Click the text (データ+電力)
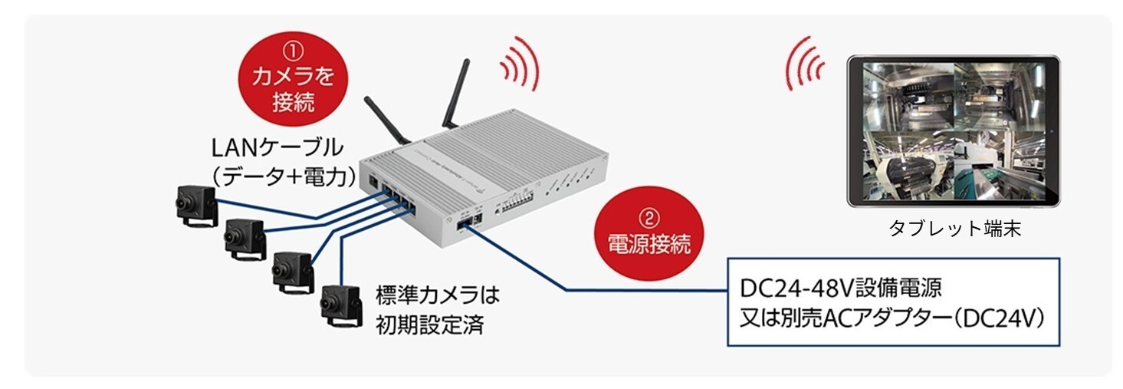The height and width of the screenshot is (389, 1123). [284, 177]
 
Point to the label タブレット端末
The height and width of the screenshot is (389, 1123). [954, 228]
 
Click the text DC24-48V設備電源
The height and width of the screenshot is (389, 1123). [840, 289]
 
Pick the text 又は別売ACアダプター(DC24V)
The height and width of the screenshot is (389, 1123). [892, 318]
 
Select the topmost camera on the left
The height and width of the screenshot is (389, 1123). [195, 203]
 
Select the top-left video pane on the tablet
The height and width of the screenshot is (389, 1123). [908, 96]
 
